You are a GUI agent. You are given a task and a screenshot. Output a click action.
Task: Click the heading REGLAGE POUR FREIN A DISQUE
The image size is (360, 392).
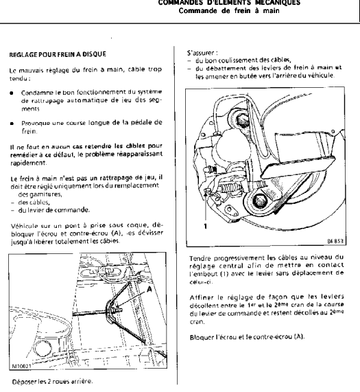coord(58,54)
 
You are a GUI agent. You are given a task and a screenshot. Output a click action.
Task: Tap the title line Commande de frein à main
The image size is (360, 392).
coord(229,11)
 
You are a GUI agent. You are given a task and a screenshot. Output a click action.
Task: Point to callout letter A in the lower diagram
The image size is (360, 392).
coord(149,289)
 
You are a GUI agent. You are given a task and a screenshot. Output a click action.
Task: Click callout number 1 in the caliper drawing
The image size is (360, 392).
coord(205,227)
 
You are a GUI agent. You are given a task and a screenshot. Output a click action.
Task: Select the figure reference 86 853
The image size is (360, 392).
coord(335,241)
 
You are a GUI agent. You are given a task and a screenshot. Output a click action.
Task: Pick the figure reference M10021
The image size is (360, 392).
coord(21,367)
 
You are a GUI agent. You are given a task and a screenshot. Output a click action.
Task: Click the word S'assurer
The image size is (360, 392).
coord(202,53)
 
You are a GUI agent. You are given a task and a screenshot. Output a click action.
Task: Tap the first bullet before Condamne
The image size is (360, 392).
coord(12,93)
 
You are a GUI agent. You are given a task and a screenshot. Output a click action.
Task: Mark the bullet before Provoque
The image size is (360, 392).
coord(12,124)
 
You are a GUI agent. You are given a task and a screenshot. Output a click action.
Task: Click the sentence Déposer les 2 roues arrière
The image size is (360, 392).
coord(52,382)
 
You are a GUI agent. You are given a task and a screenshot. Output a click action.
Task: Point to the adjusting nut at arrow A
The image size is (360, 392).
coord(116,311)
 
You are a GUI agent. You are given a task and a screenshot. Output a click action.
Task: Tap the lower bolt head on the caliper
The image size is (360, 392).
coord(258,200)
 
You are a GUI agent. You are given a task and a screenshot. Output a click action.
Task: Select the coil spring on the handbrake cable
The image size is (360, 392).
coord(229,187)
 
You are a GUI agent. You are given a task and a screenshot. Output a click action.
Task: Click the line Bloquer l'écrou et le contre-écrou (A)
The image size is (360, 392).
coord(247,337)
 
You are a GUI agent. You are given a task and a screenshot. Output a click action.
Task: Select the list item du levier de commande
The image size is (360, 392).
coord(53,210)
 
